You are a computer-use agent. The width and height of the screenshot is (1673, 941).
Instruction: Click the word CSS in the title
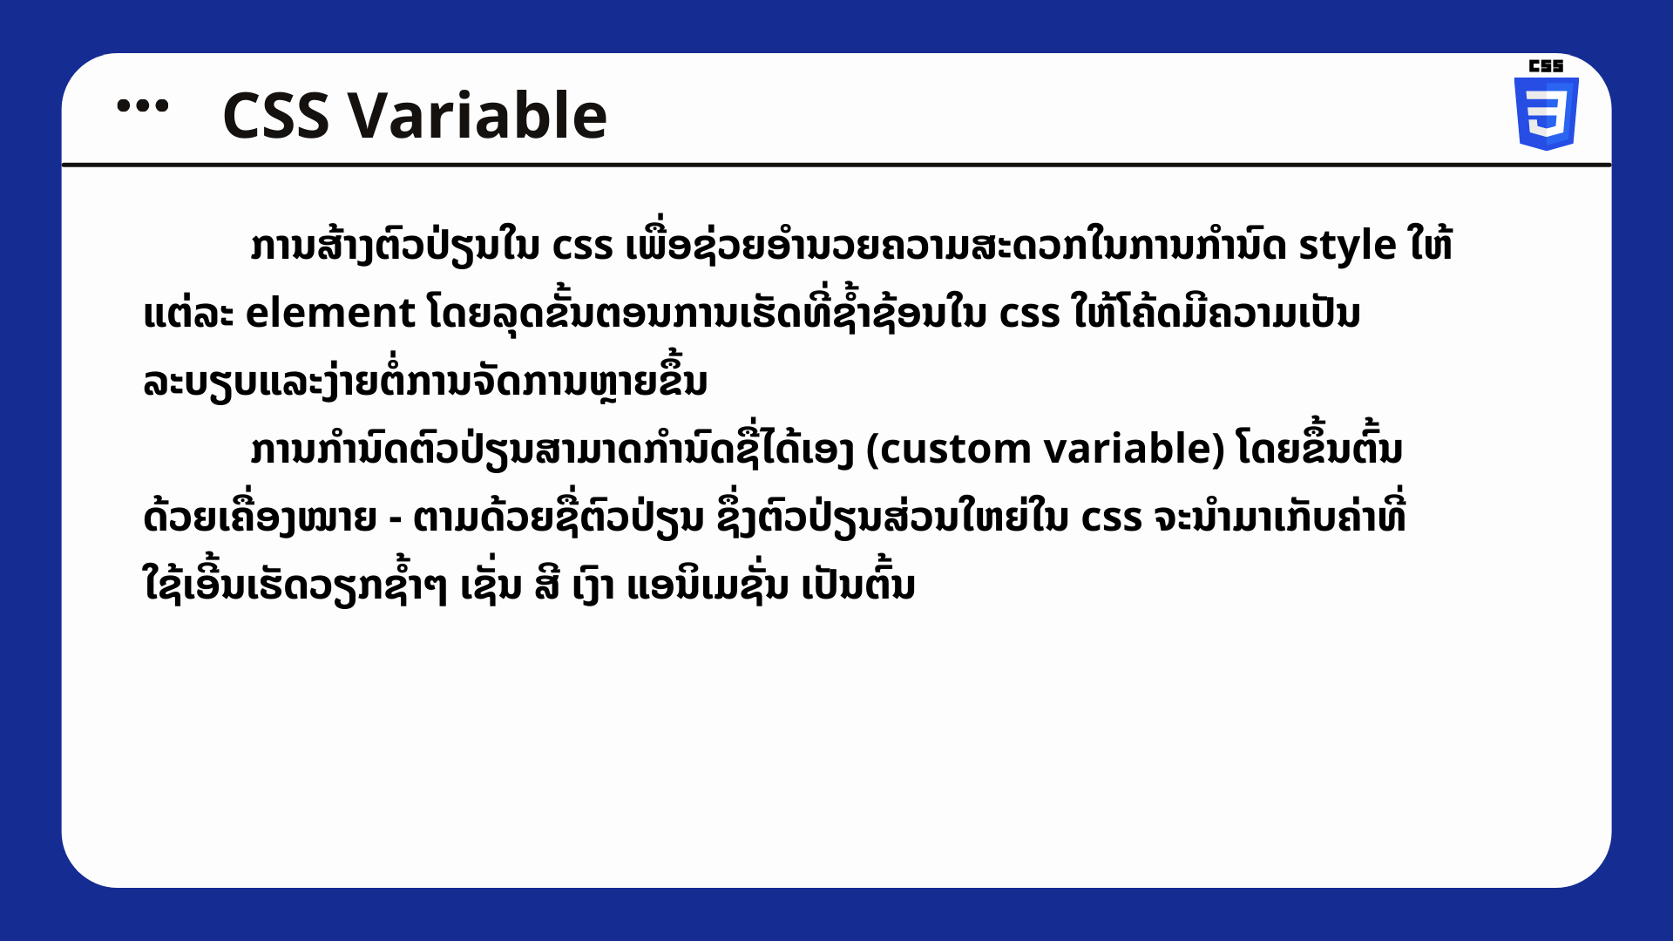tap(276, 115)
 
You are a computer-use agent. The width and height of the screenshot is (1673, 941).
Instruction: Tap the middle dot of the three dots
tap(142, 106)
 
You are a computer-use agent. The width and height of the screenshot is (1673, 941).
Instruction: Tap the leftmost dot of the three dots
tap(124, 106)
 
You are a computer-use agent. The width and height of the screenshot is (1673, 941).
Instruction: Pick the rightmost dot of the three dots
tap(161, 106)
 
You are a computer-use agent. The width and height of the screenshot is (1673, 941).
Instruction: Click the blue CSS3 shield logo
tap(1546, 113)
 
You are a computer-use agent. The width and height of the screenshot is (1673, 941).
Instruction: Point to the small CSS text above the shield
tap(1546, 65)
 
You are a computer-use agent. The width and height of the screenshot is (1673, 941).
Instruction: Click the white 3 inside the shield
tap(1547, 112)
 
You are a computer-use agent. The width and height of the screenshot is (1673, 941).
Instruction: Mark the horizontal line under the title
tap(836, 164)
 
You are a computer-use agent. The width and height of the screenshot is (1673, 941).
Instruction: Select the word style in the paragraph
tap(1348, 247)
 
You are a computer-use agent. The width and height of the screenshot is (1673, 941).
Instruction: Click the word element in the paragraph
tap(330, 313)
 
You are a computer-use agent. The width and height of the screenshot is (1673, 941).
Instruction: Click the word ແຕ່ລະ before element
tap(188, 314)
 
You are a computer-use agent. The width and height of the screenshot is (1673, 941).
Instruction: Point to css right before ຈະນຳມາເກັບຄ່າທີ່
tap(1111, 519)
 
